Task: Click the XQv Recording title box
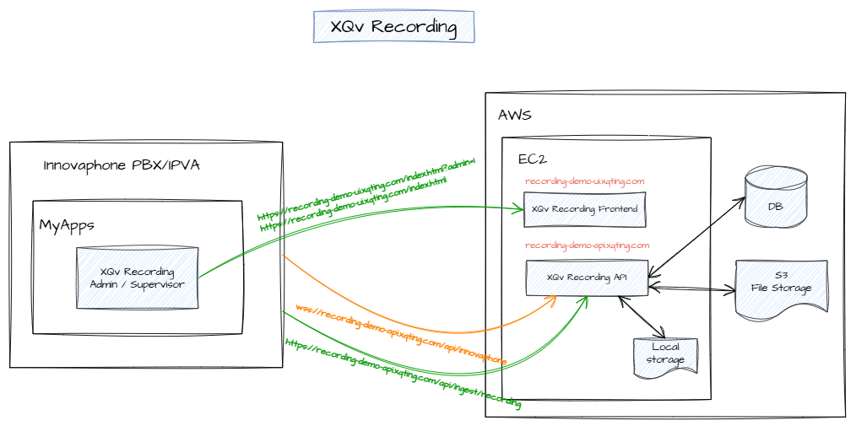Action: pyautogui.click(x=393, y=27)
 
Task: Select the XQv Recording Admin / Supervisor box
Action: pyautogui.click(x=137, y=278)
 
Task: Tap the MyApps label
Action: pyautogui.click(x=67, y=225)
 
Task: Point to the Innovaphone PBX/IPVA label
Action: pyautogui.click(x=122, y=165)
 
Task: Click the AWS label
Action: pyautogui.click(x=514, y=115)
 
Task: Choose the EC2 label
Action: pyautogui.click(x=534, y=159)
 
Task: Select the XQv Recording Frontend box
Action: pyautogui.click(x=584, y=209)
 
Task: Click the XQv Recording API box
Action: pyautogui.click(x=587, y=278)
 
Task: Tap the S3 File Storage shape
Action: pyautogui.click(x=781, y=288)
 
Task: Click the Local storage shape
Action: pyautogui.click(x=665, y=355)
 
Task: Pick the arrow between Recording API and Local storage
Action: pyautogui.click(x=642, y=316)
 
